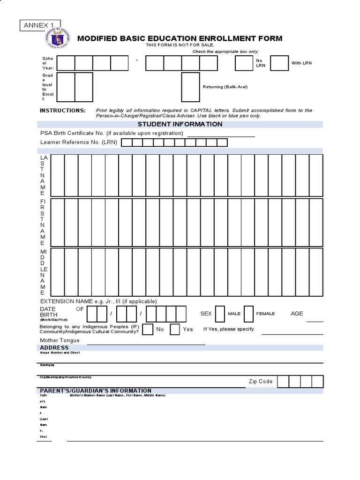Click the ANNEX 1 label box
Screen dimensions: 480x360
click(40, 25)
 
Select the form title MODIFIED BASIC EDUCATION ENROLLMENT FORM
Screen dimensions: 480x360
click(180, 38)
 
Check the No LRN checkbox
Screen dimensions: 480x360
click(244, 63)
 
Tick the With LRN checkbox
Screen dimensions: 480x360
click(279, 63)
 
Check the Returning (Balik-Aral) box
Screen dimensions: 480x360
click(190, 87)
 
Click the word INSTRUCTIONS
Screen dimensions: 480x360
click(63, 111)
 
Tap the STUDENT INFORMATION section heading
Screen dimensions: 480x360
click(180, 124)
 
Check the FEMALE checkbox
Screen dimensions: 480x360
click(248, 314)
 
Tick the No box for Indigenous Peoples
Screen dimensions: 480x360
click(147, 329)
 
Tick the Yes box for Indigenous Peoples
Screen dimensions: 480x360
click(175, 329)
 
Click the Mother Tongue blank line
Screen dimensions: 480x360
click(146, 344)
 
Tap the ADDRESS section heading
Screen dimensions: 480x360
click(54, 348)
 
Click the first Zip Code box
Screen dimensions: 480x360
click(283, 382)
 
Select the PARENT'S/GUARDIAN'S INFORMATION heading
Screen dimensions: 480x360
click(96, 390)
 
